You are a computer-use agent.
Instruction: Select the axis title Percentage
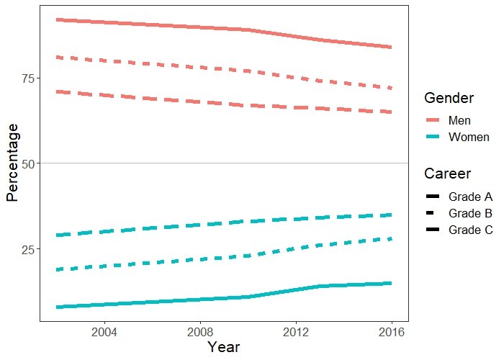point(12,162)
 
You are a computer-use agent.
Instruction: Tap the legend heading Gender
point(449,97)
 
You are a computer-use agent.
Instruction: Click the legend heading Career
point(448,174)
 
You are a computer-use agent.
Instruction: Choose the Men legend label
point(459,120)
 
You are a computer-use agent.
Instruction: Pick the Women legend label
point(469,137)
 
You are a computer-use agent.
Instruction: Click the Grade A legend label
point(470,196)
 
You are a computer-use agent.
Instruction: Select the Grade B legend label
point(470,213)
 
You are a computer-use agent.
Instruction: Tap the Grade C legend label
point(470,230)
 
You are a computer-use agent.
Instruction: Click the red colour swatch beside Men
point(433,120)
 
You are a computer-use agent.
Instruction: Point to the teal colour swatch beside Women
point(433,137)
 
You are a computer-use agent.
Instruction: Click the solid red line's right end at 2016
point(391,47)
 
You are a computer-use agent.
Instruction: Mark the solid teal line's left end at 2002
point(57,307)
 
